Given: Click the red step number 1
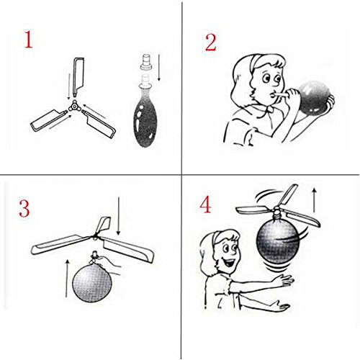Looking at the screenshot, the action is tap(28, 40).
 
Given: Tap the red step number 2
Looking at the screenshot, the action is tap(211, 42).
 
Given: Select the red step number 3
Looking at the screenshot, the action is tap(24, 208).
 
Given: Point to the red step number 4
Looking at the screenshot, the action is tap(205, 205).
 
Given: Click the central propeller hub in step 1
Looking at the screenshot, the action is tap(75, 107).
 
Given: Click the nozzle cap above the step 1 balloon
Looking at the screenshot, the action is tap(145, 63).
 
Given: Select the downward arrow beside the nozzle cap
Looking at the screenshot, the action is tap(158, 68).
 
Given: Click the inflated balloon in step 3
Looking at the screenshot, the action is tap(92, 282).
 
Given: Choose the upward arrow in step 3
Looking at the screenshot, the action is tap(68, 278).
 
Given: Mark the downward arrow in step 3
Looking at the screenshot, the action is tap(118, 216).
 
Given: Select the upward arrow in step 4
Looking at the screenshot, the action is tap(314, 200).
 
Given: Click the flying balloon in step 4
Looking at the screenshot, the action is tap(278, 243).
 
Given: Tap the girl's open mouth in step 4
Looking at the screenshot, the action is tap(229, 263).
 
